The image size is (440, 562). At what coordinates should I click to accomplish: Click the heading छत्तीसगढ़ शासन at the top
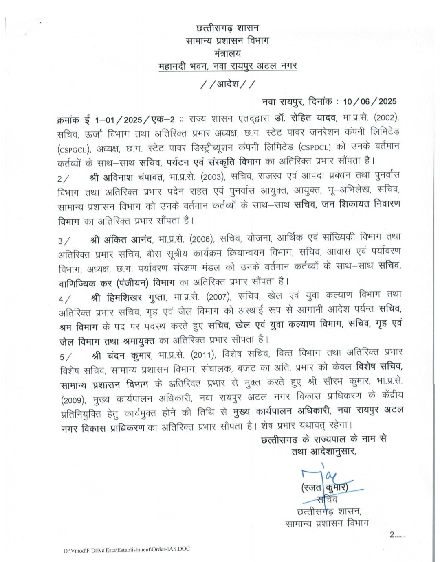pyautogui.click(x=227, y=28)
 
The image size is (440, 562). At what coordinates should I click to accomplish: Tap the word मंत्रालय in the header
pyautogui.click(x=227, y=53)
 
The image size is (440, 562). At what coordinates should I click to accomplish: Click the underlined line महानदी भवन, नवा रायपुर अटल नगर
pyautogui.click(x=227, y=66)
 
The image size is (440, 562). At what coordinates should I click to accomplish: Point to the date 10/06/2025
pyautogui.click(x=370, y=101)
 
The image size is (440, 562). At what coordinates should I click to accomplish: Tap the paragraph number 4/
pyautogui.click(x=64, y=299)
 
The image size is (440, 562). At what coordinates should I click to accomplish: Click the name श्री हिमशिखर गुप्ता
pyautogui.click(x=130, y=297)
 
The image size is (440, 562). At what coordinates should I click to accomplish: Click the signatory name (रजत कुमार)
pyautogui.click(x=324, y=487)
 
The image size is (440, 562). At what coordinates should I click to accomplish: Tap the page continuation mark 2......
pyautogui.click(x=392, y=535)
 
